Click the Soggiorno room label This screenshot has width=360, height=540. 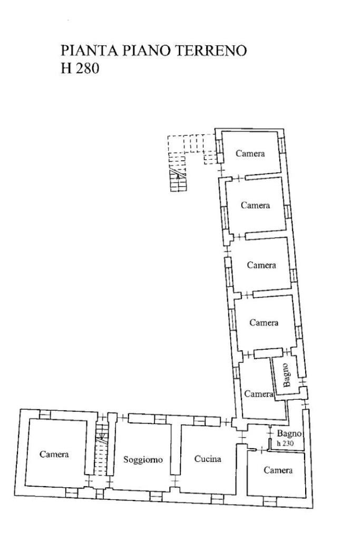[x=143, y=460]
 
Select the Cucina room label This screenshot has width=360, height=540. [x=208, y=459]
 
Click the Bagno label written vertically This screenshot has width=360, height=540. [x=285, y=375]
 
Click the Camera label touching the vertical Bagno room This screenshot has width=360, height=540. [x=258, y=394]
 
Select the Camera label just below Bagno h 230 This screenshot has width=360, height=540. [x=278, y=470]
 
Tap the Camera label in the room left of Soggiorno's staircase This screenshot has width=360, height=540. [x=55, y=454]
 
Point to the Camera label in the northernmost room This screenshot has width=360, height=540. [x=250, y=153]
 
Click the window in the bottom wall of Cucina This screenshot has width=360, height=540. [x=217, y=497]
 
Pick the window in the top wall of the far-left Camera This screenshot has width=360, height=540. [x=46, y=414]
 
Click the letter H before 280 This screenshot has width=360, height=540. [x=66, y=69]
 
